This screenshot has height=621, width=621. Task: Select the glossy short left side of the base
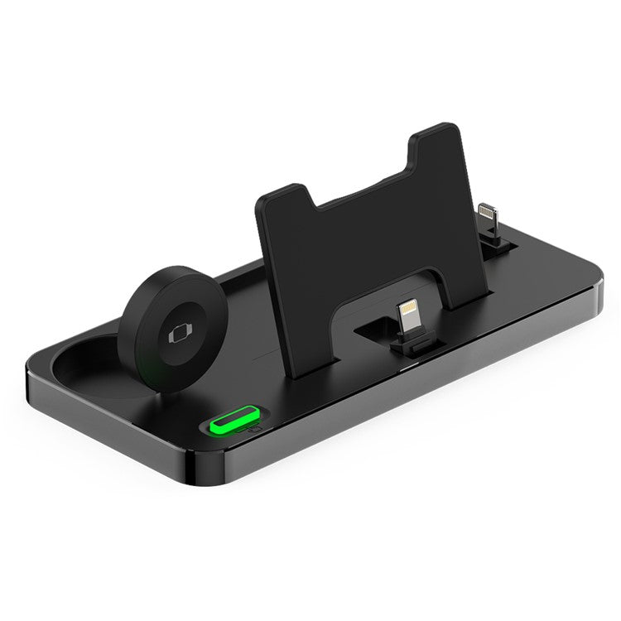[99, 418]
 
